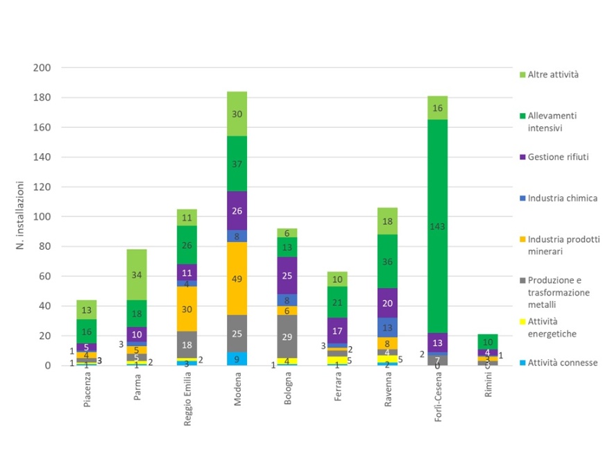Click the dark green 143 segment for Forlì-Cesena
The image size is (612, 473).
437,225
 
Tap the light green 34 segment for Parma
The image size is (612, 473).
137,275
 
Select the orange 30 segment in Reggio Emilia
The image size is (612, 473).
187,309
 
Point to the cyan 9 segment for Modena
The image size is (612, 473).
237,359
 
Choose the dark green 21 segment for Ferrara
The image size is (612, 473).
337,302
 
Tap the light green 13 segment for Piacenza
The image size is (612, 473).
87,310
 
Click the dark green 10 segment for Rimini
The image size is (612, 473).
487,342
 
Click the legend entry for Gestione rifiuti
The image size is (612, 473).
558,157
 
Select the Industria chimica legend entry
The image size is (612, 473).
562,198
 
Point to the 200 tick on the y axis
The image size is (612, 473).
42,68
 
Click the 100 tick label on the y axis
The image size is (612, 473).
42,217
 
